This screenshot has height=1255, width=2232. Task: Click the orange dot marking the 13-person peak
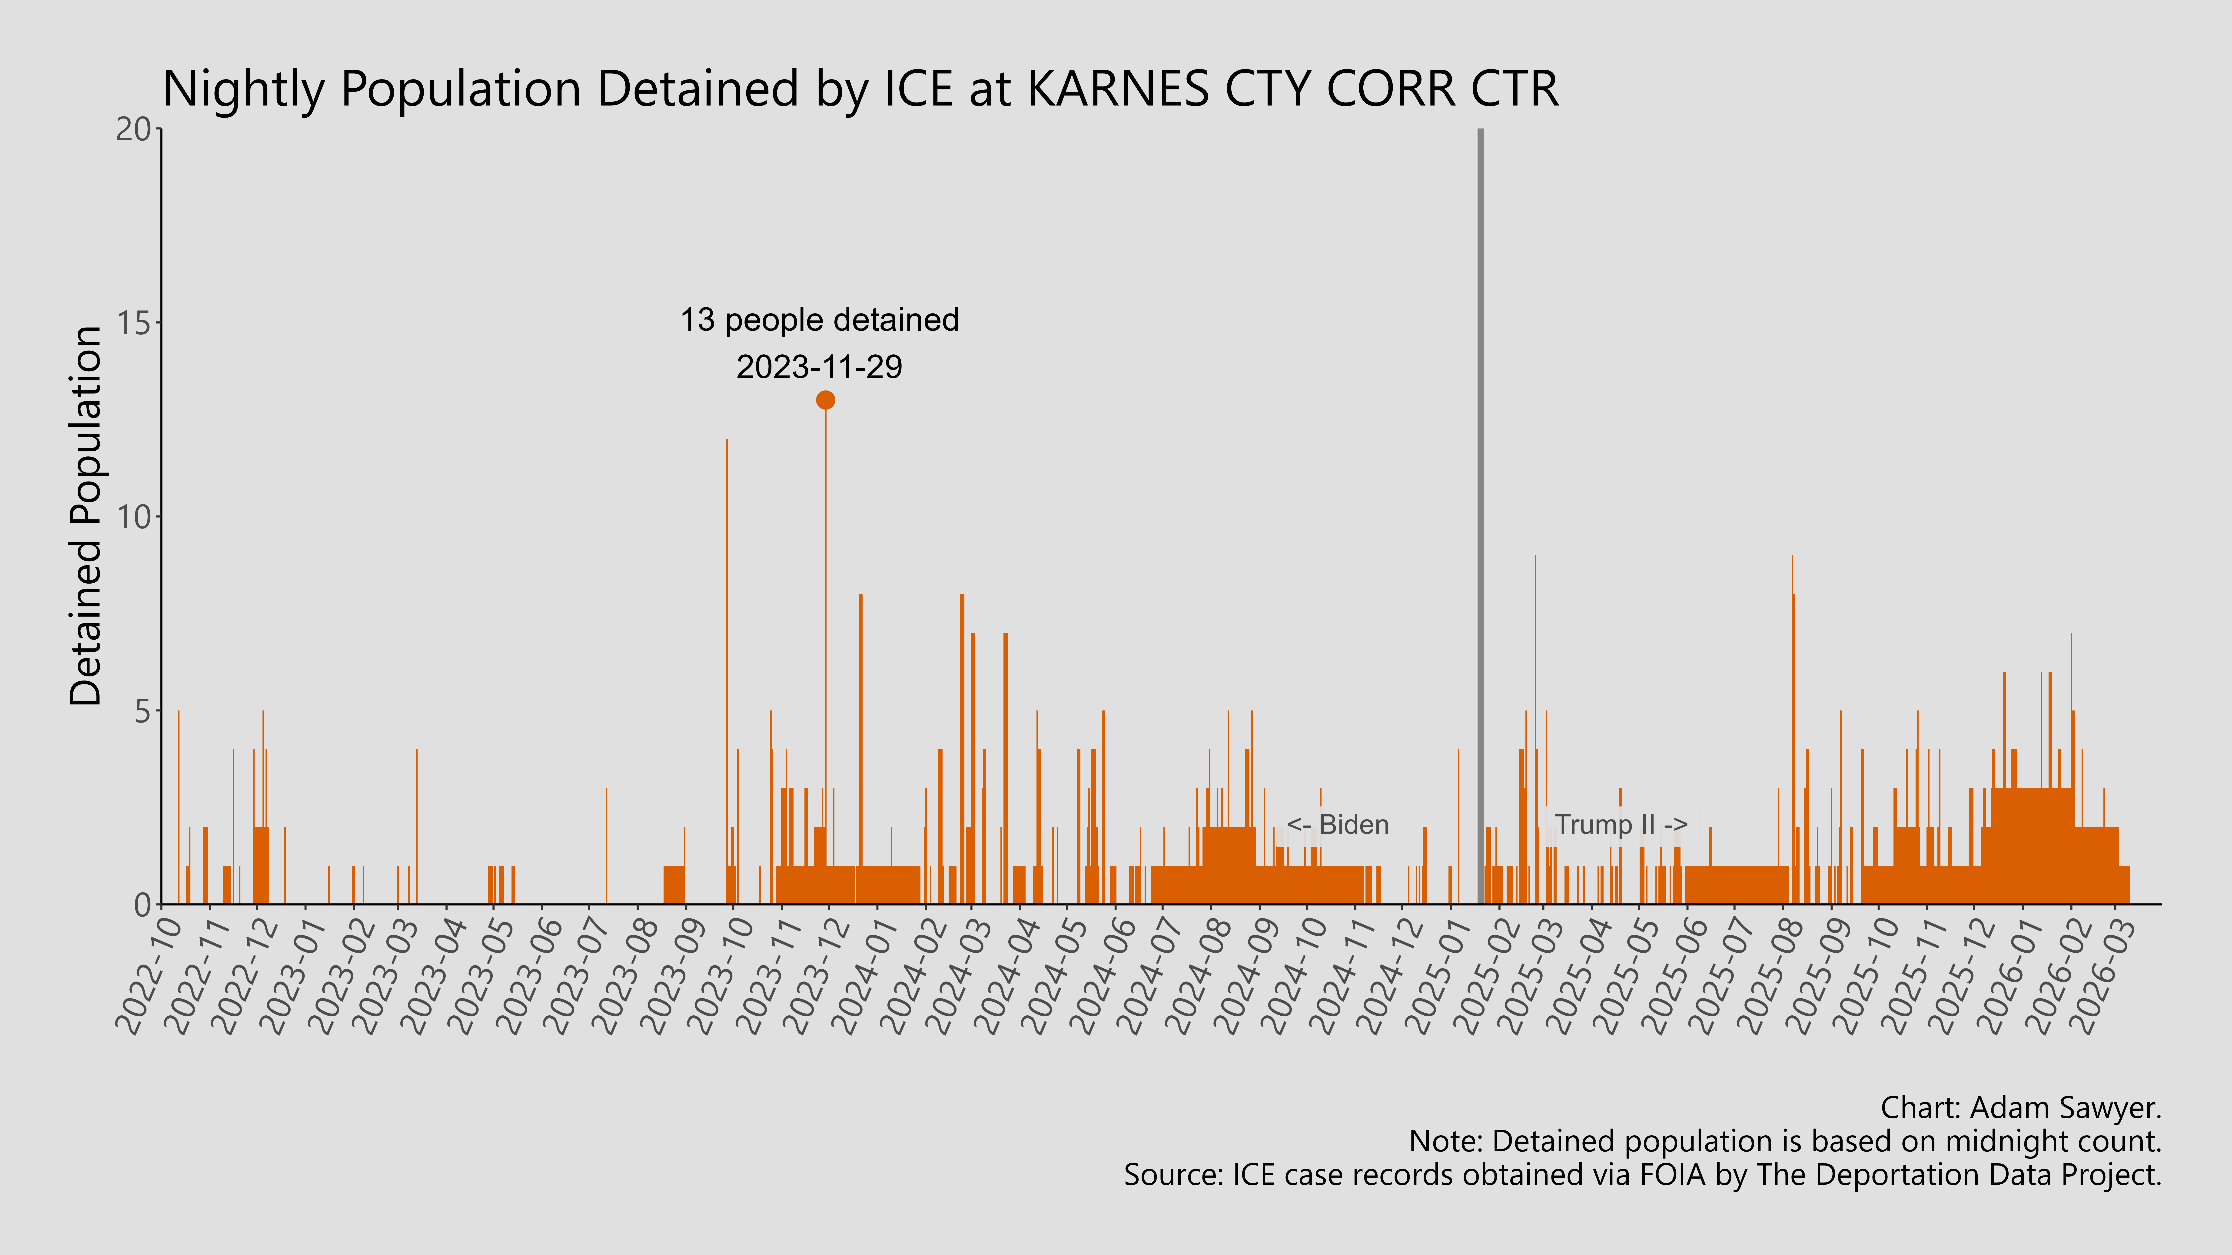tap(825, 400)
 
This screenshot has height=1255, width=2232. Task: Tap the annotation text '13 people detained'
tap(819, 320)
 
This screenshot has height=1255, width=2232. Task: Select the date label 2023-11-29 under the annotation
tap(819, 367)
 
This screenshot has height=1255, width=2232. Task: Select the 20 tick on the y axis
tap(133, 130)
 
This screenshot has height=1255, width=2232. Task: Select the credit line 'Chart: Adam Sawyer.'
tap(2021, 1108)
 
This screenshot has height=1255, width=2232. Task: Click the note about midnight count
tap(1785, 1142)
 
